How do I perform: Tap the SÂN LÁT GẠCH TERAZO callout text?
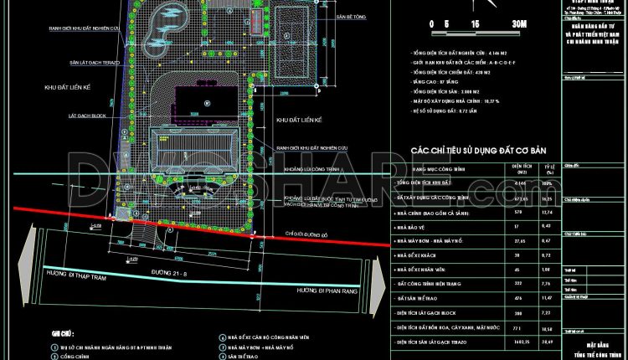coord(78,64)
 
